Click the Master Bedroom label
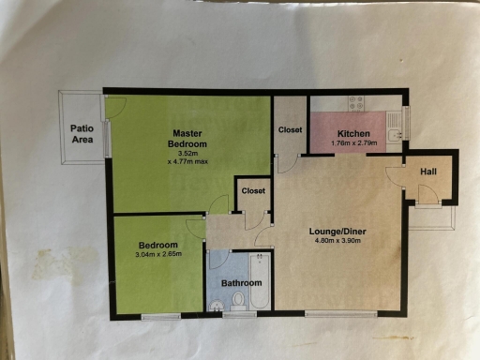[x=187, y=138]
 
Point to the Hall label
[x=427, y=172]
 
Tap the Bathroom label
[x=241, y=282]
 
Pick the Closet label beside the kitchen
[x=290, y=129]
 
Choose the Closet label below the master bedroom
[x=253, y=190]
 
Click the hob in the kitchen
[x=355, y=102]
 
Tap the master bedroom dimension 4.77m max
[x=187, y=161]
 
